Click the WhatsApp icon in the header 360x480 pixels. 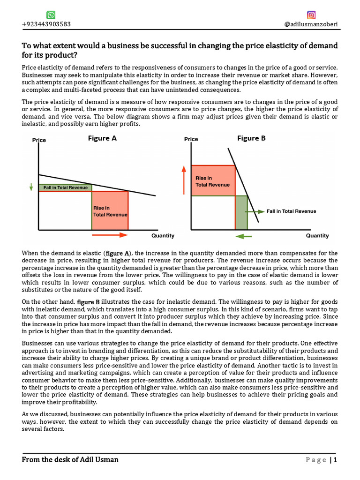click(x=51, y=15)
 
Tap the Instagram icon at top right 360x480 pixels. click(x=311, y=15)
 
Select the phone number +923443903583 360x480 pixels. click(x=46, y=24)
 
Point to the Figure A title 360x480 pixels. click(x=102, y=138)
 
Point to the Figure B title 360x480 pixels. click(x=251, y=138)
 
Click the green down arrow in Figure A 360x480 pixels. click(x=31, y=187)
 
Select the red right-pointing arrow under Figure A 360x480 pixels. click(x=110, y=234)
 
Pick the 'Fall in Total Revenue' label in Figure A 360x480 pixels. click(x=65, y=187)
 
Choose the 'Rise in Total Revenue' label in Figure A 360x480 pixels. click(x=110, y=211)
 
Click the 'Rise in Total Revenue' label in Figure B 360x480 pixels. click(x=212, y=181)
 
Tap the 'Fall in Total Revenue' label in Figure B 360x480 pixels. click(x=291, y=211)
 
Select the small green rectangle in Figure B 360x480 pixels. click(x=241, y=212)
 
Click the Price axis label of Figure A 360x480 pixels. click(x=39, y=140)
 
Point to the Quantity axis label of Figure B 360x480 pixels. click(x=317, y=236)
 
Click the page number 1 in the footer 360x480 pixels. click(x=336, y=460)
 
